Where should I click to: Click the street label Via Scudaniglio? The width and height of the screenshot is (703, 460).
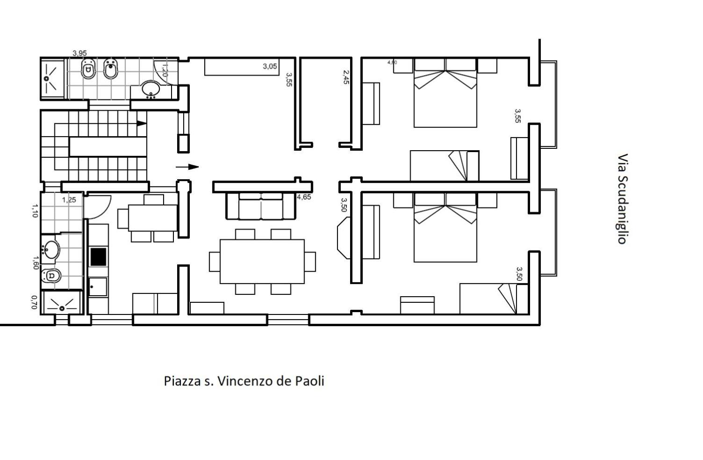point(623,199)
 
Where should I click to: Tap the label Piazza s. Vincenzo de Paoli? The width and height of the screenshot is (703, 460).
point(244,381)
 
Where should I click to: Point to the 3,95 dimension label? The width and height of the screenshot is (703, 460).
point(80,53)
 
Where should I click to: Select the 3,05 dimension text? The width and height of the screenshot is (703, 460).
point(270,66)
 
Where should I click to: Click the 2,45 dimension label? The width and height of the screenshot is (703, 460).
point(346,77)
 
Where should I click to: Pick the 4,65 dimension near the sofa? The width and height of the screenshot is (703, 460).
point(304,197)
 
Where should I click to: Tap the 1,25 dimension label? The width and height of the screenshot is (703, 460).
point(69,200)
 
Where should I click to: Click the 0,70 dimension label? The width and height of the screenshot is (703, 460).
point(34,302)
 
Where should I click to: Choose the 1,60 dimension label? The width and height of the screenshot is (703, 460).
point(36,263)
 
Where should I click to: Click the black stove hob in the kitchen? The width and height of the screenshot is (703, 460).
point(99,257)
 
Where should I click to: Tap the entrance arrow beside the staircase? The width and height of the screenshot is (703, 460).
point(187,167)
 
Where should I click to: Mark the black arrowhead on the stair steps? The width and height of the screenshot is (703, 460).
point(142,124)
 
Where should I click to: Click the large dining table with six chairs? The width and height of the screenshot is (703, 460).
point(262,262)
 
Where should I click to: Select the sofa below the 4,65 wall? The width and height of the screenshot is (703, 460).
point(260,206)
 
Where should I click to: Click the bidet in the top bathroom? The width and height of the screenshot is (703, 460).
point(110,68)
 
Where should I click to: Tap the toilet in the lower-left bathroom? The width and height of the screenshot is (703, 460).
point(51,276)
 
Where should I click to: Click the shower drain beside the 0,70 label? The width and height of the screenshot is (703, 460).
point(62,308)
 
